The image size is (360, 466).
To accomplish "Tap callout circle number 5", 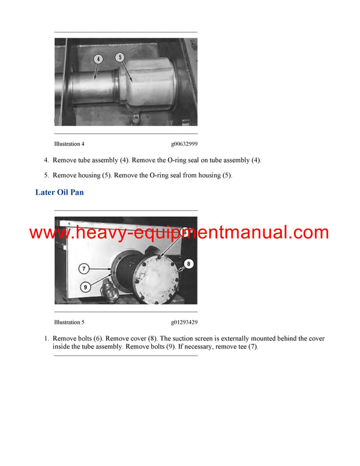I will coord(120,58).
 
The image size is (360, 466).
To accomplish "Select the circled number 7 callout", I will coord(84,268).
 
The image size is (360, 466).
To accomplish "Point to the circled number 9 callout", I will coord(85,287).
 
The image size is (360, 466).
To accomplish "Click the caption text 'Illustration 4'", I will coord(70,144).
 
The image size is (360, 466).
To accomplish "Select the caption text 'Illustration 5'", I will coord(70,322).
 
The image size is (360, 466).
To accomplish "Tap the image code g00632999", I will coord(184,144).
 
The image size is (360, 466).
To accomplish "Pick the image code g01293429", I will coord(184,322).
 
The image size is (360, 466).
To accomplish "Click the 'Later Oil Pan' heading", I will coord(59,192).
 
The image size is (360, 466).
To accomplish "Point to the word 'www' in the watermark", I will coord(49,233).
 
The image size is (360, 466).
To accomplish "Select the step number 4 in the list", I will coord(46,161).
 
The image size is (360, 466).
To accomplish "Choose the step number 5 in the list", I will coord(46,175).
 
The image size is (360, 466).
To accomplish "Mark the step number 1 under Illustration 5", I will coord(46,339).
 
